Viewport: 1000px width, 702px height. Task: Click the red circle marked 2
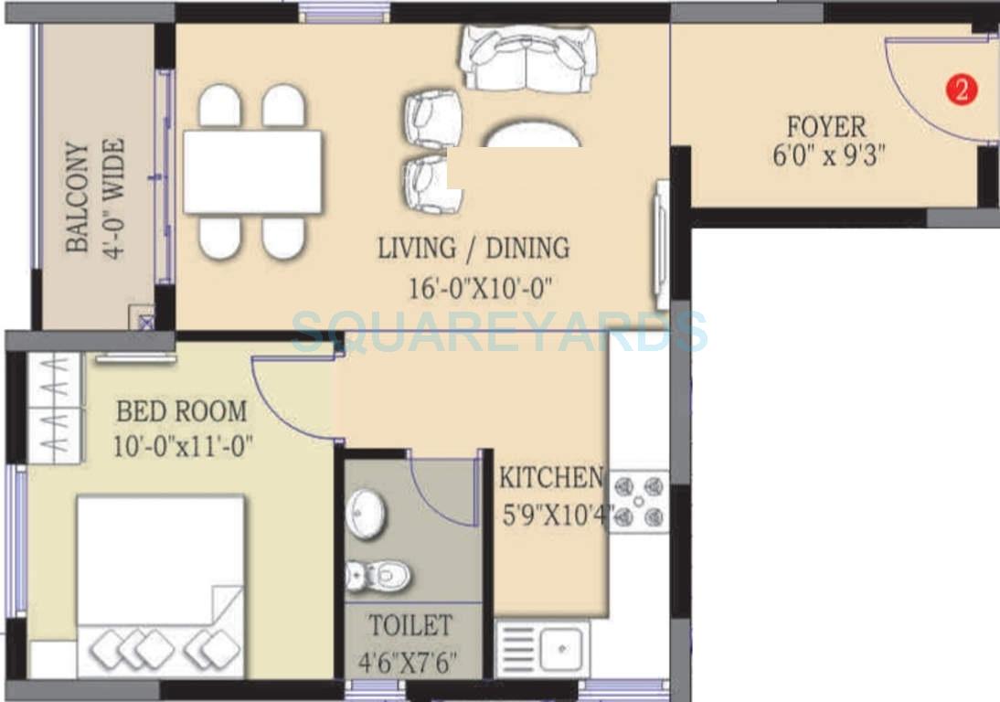click(961, 90)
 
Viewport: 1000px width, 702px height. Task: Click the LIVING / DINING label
click(473, 248)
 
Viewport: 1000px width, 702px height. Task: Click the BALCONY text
click(79, 197)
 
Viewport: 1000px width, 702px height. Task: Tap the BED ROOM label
click(181, 411)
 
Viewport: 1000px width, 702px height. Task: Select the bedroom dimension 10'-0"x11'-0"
click(184, 447)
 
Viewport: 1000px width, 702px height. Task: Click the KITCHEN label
click(550, 478)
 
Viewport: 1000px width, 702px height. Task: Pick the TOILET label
click(410, 626)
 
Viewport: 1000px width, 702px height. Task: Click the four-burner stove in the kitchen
click(638, 502)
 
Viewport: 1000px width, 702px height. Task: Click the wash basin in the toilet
click(367, 514)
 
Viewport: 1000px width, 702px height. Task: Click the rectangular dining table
click(252, 171)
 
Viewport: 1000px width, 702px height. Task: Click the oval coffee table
click(531, 137)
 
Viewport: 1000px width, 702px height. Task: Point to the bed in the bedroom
click(160, 585)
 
